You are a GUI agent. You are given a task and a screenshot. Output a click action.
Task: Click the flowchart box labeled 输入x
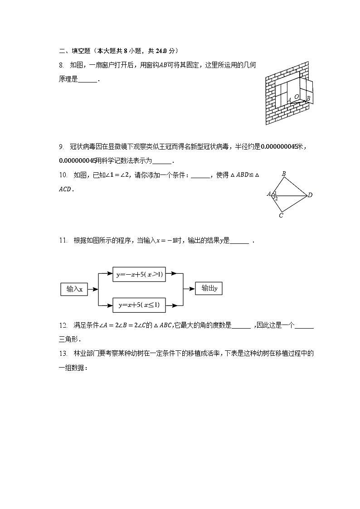[x=74, y=289]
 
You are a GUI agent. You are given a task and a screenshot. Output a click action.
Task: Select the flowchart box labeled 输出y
[x=209, y=288]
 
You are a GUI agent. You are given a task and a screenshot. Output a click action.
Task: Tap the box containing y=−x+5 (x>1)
[x=139, y=274]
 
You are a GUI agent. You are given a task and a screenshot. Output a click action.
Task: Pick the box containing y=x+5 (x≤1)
[x=139, y=305]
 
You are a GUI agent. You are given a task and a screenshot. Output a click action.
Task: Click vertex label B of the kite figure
[x=284, y=174]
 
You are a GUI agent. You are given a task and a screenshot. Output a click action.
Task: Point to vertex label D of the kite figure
[x=310, y=195]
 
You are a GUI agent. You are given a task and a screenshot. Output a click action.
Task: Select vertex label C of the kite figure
[x=281, y=216]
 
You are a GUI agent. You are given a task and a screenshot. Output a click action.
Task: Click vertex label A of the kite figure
[x=269, y=194]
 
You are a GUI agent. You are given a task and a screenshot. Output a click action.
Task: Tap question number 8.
[x=61, y=65]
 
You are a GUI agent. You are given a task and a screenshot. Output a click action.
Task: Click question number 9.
[x=61, y=146]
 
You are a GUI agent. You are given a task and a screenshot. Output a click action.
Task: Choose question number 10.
[x=63, y=175]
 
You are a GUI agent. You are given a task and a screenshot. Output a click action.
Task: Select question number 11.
[x=63, y=241]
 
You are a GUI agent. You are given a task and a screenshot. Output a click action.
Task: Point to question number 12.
[x=63, y=325]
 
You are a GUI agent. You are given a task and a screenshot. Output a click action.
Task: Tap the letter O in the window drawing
[x=297, y=97]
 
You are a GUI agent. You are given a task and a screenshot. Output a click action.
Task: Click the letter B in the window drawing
[x=308, y=98]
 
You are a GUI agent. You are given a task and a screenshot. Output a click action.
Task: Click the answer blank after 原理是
[x=88, y=80]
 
